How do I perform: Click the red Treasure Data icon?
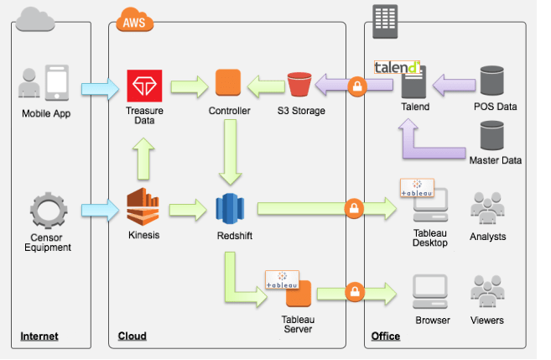tap(144, 84)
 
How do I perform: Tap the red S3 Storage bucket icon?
tap(299, 84)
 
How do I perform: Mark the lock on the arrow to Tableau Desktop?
tap(354, 207)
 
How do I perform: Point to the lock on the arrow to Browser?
tap(354, 292)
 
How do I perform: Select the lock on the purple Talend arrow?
tap(358, 86)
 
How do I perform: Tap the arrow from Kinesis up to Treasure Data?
tap(143, 158)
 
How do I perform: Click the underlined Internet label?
tap(39, 337)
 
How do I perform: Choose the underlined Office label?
tap(385, 337)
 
